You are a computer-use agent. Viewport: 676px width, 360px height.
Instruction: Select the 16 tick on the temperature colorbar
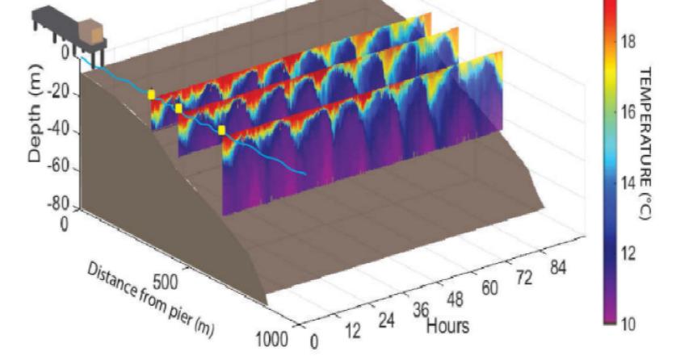tap(628, 111)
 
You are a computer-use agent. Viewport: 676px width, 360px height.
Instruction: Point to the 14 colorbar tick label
tap(628, 182)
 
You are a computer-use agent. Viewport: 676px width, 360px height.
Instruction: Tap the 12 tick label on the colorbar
tap(628, 253)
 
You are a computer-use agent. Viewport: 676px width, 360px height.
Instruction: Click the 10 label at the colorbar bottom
tap(628, 323)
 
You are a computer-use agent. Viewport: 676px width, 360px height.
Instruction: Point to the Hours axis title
tap(447, 327)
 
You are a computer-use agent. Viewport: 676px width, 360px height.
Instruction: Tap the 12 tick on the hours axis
tap(351, 330)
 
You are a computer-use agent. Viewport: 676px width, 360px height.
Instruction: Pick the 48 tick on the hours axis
tap(457, 301)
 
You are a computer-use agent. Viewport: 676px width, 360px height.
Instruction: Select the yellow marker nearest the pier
tap(151, 94)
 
